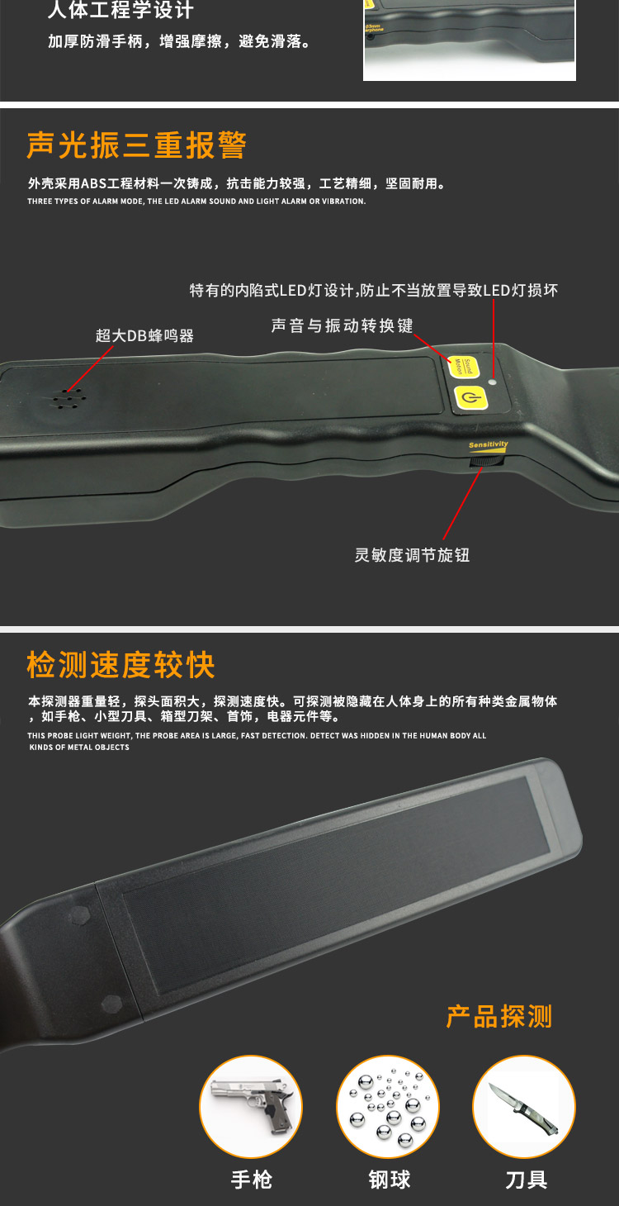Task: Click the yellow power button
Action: click(x=470, y=398)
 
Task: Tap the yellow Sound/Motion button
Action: click(x=465, y=366)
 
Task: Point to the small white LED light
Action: click(x=493, y=382)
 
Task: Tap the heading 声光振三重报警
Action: click(x=136, y=146)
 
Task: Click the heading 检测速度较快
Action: click(x=121, y=665)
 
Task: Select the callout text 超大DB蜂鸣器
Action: click(x=144, y=335)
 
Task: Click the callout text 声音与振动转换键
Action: click(x=342, y=325)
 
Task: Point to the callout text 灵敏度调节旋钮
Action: click(x=412, y=555)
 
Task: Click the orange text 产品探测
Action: click(x=499, y=1016)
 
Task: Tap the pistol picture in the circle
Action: click(x=251, y=1106)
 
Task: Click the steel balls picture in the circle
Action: click(x=387, y=1106)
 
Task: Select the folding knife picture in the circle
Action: click(x=523, y=1106)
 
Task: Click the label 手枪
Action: click(x=251, y=1180)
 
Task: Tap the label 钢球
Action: click(x=390, y=1180)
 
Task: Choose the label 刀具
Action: click(x=526, y=1180)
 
